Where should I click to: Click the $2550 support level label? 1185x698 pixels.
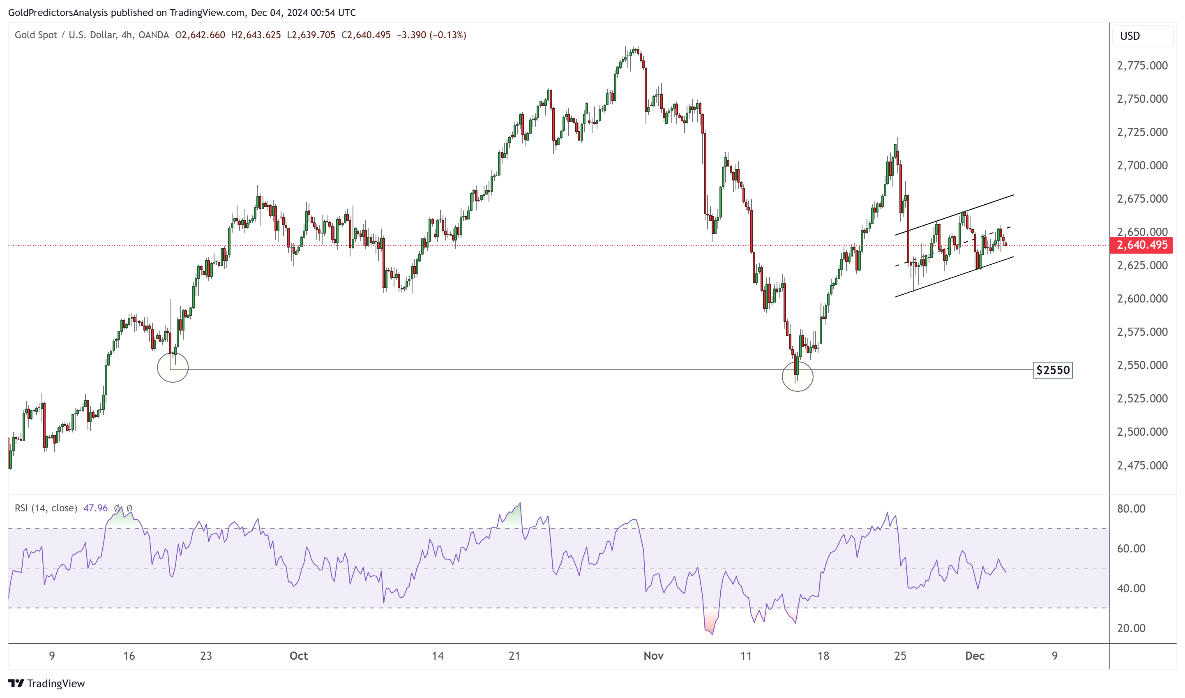(x=1052, y=370)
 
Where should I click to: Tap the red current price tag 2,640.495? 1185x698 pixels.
(x=1141, y=245)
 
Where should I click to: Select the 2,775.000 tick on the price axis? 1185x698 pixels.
(x=1142, y=66)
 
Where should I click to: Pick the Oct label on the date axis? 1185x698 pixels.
(x=299, y=656)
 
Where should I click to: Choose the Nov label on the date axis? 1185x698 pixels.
(x=653, y=656)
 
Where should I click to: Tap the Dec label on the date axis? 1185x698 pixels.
(x=974, y=656)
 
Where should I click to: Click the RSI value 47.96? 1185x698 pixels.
(x=95, y=508)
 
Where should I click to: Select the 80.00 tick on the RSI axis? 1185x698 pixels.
(x=1131, y=509)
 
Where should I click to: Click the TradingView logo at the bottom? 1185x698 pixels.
(x=46, y=684)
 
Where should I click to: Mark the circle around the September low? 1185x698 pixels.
(x=173, y=367)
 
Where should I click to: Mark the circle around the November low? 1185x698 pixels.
(x=797, y=376)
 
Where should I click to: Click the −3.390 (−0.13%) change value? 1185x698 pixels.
(x=431, y=35)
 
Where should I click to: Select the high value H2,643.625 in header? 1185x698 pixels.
(x=256, y=35)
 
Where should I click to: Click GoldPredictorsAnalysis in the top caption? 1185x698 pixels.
(x=58, y=13)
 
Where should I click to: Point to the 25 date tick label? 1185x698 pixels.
(x=900, y=656)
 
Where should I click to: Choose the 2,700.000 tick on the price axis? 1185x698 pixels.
(x=1142, y=166)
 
